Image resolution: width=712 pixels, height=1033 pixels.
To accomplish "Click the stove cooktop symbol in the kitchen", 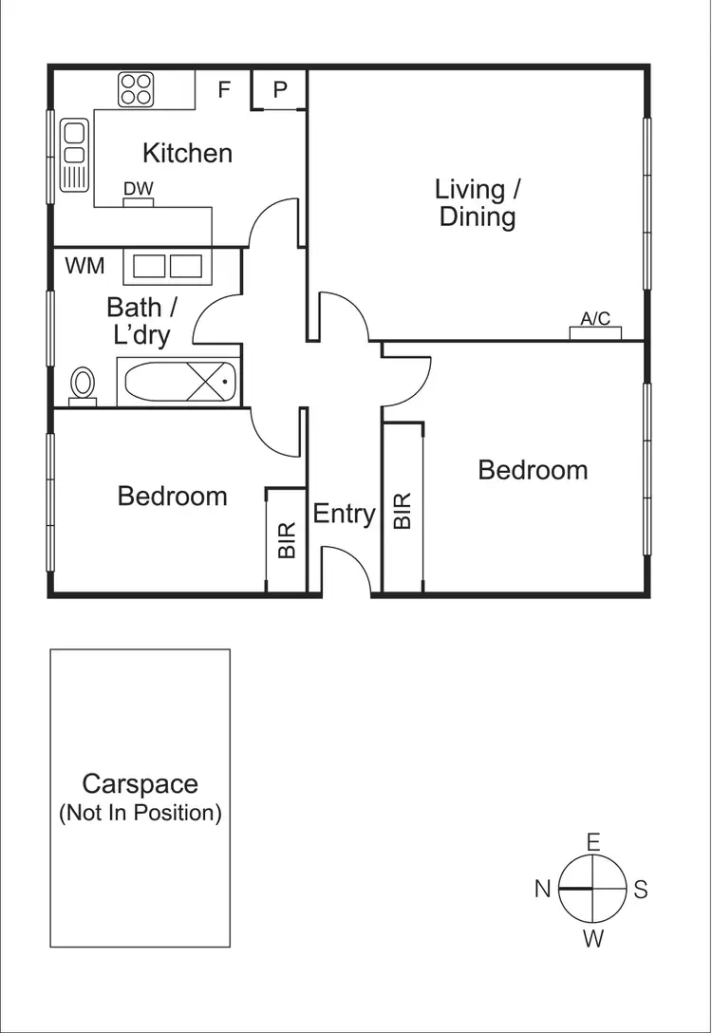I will click(137, 90).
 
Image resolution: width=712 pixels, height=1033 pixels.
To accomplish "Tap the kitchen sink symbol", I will click(73, 154).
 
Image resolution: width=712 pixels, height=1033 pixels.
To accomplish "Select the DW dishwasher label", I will click(138, 190).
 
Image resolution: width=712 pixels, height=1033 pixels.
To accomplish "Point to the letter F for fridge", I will click(225, 90).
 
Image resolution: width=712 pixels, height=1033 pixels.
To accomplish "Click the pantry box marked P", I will click(280, 90).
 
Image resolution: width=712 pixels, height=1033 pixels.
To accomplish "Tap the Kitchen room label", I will click(187, 153).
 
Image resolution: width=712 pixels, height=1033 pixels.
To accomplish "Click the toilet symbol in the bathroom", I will click(84, 385).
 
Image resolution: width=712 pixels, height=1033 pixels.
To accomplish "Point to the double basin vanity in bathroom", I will click(168, 267).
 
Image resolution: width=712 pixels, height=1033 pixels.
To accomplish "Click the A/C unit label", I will click(595, 320).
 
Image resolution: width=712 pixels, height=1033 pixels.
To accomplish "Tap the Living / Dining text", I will click(478, 202).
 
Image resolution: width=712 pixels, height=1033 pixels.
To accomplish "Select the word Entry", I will click(344, 514).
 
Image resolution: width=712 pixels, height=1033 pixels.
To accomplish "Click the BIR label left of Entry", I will click(287, 538).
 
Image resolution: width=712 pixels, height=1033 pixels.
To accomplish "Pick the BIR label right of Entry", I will click(403, 510).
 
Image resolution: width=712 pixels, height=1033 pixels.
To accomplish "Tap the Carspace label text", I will click(141, 784).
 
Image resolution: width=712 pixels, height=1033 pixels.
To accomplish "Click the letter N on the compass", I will click(542, 890).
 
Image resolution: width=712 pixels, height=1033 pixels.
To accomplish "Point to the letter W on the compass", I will click(592, 940).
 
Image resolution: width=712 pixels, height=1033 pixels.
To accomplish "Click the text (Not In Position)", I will click(141, 814).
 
